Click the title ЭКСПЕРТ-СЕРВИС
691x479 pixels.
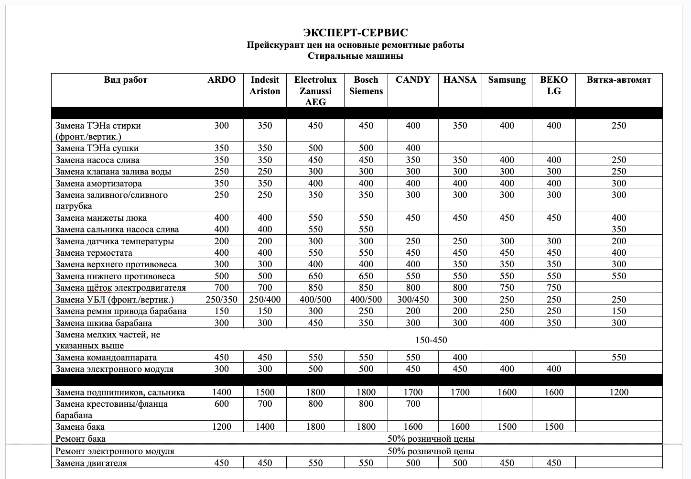pyautogui.click(x=356, y=33)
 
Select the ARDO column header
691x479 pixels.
pyautogui.click(x=221, y=80)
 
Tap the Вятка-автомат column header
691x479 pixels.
pyautogui.click(x=619, y=80)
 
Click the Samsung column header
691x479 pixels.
pyautogui.click(x=507, y=80)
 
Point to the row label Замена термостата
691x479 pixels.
pyautogui.click(x=94, y=253)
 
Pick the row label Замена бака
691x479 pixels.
pyautogui.click(x=80, y=427)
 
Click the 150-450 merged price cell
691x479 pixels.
pyautogui.click(x=431, y=340)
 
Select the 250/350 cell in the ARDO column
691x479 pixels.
pyautogui.click(x=221, y=300)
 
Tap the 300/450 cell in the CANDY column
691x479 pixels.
pyautogui.click(x=413, y=300)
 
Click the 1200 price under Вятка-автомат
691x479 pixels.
pyautogui.click(x=619, y=392)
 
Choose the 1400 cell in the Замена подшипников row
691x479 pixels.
pyautogui.click(x=221, y=392)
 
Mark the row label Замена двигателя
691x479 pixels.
pyautogui.click(x=91, y=463)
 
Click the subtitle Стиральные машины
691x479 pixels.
pyautogui.click(x=356, y=56)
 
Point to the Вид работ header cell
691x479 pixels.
pyautogui.click(x=125, y=80)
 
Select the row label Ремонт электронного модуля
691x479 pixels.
pyautogui.click(x=115, y=451)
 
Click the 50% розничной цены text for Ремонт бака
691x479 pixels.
pyautogui.click(x=431, y=439)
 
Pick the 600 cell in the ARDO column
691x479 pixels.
pyautogui.click(x=221, y=404)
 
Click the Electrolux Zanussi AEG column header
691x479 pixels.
pyautogui.click(x=315, y=91)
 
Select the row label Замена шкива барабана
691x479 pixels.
pyautogui.click(x=103, y=323)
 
